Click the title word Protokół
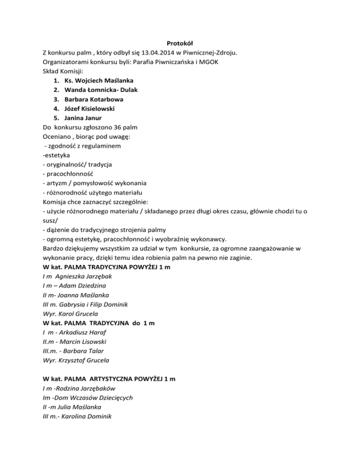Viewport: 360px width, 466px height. [180, 43]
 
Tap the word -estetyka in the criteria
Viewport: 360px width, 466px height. [55, 155]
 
